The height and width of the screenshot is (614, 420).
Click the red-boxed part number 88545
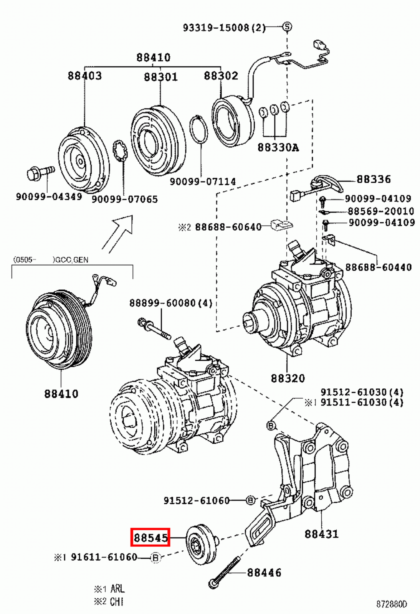[150, 537]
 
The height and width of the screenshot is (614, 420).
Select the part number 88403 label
[85, 76]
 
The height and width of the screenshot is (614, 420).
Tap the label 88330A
[278, 147]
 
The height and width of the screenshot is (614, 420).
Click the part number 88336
[373, 179]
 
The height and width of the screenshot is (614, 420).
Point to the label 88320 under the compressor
[288, 378]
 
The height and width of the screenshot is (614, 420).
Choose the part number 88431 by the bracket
[321, 534]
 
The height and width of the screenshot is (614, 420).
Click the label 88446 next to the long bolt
[264, 573]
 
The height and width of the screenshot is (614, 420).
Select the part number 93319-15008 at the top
[224, 28]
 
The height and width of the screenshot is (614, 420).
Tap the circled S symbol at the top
[287, 26]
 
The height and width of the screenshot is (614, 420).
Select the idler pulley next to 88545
[201, 544]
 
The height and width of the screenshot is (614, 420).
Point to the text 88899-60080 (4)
[170, 303]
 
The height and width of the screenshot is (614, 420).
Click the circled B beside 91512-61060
[250, 500]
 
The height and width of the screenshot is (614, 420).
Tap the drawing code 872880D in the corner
[391, 604]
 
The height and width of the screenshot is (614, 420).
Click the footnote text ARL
[117, 588]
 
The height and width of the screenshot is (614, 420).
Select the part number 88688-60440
[378, 267]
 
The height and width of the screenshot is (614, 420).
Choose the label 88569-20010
[381, 211]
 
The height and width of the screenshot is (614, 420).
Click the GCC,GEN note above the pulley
[71, 260]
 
